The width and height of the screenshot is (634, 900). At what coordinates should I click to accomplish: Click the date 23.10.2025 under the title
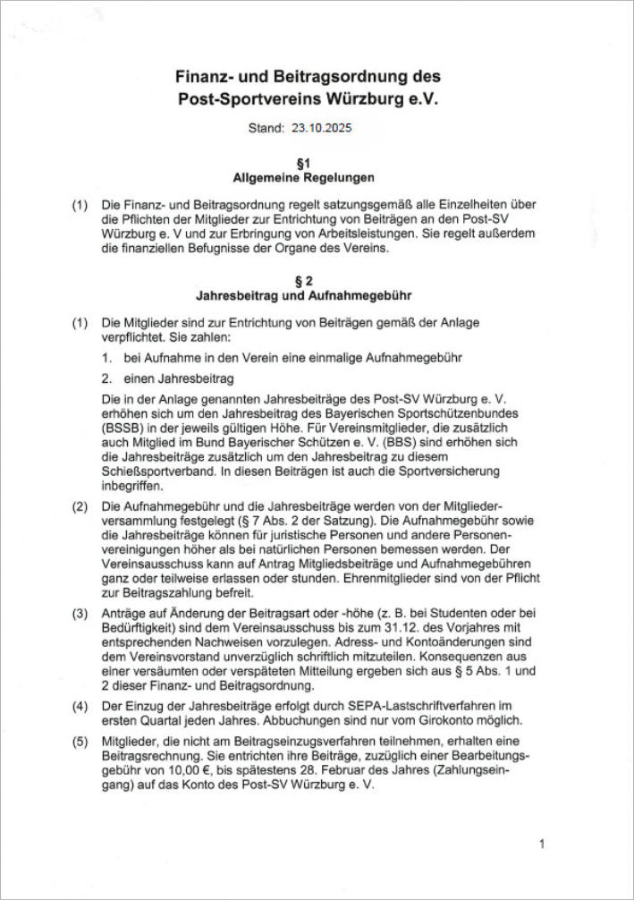pos(322,128)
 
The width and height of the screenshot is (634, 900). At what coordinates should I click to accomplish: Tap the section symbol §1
pos(304,163)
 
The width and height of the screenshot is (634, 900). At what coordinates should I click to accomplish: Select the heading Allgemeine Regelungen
pos(303,177)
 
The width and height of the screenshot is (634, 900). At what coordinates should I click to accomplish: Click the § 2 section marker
pos(304,280)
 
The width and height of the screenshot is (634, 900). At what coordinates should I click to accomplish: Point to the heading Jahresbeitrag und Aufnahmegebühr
pos(303,294)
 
